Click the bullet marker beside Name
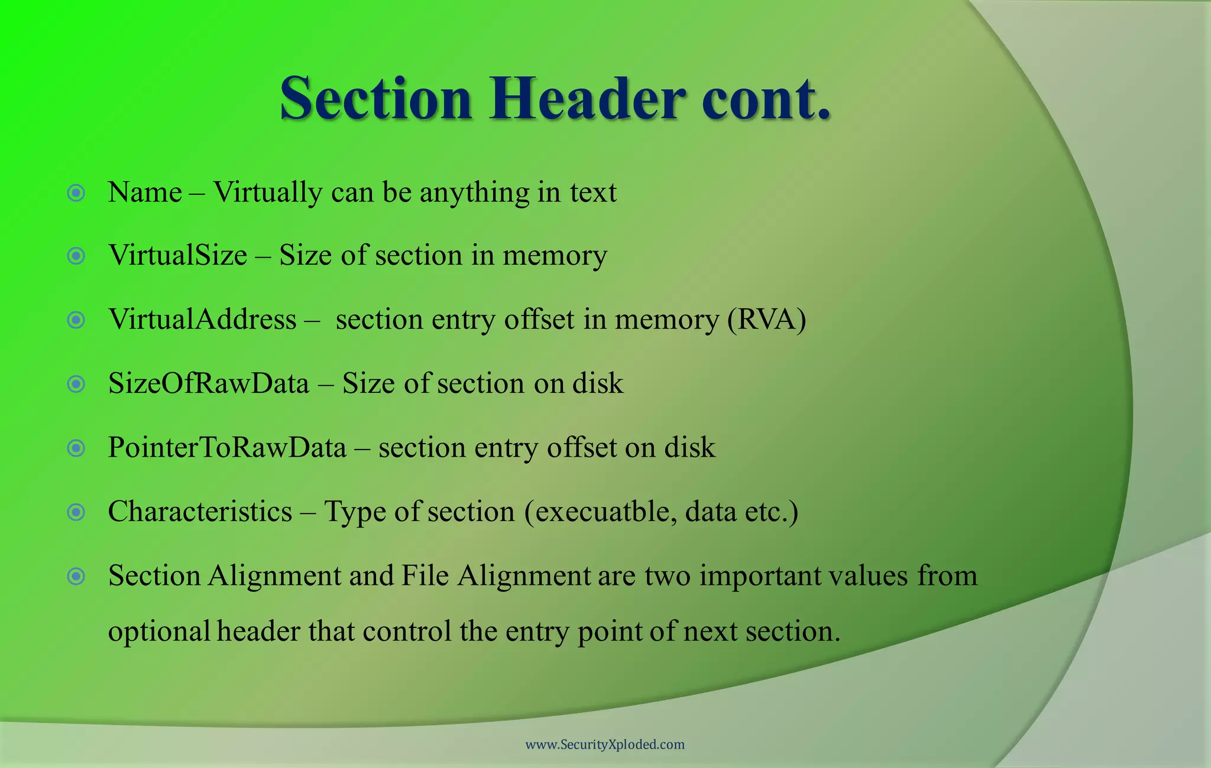coord(76,193)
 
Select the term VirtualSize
coord(177,256)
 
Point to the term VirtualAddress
coord(202,320)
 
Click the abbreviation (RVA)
coord(766,320)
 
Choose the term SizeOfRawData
coord(209,383)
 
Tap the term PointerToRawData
coord(227,448)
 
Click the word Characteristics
coord(200,512)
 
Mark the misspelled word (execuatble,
coord(601,512)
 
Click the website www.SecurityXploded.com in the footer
coord(605,744)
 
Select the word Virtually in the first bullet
coord(268,193)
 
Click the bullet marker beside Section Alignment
coord(76,576)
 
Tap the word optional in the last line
coord(159,632)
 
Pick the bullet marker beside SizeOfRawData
coord(76,385)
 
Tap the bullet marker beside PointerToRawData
coord(76,448)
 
